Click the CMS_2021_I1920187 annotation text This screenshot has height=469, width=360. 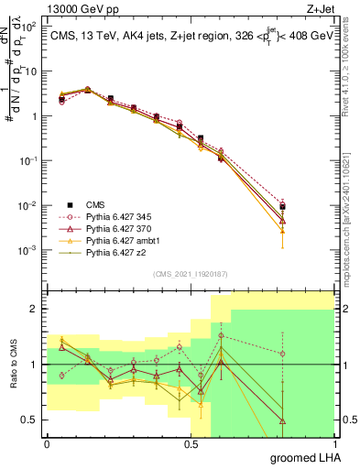coord(190,272)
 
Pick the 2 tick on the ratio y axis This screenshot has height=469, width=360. coord(35,309)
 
